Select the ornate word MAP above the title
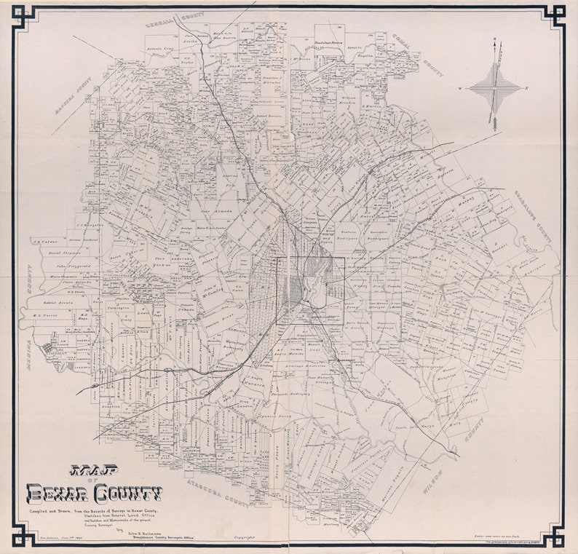[86, 471]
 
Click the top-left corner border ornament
[24, 16]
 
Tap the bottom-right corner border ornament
[553, 537]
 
